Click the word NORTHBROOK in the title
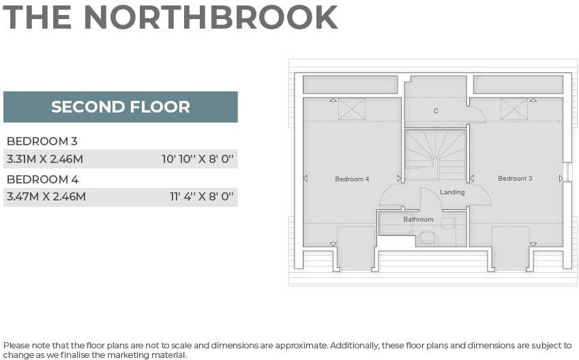tap(211, 17)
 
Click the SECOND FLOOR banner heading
tap(120, 107)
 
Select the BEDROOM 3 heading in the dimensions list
tap(42, 141)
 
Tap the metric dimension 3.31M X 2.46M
tap(45, 159)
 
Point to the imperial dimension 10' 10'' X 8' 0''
tap(198, 159)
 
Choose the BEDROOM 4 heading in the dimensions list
tap(42, 179)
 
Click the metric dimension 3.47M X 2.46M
tap(46, 197)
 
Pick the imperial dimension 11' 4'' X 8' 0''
tap(202, 197)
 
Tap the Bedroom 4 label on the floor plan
tap(352, 179)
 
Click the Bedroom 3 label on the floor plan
tap(515, 179)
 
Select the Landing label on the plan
tap(452, 192)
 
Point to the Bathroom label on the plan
tap(418, 220)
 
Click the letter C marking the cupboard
tap(436, 111)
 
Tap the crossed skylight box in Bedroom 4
tap(352, 109)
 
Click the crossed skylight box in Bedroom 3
tap(514, 109)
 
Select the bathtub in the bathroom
tap(395, 224)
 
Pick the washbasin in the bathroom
tap(448, 223)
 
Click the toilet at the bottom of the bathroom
tap(428, 238)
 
